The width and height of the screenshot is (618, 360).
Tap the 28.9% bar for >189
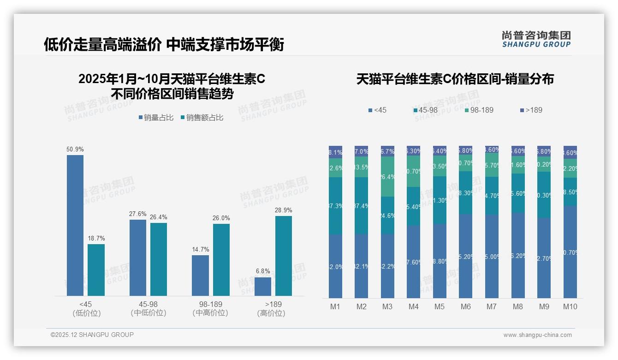[x=284, y=256]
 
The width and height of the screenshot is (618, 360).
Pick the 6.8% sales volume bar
[x=263, y=286]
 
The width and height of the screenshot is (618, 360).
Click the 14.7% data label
[x=201, y=250]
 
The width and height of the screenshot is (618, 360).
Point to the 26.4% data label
[x=159, y=217]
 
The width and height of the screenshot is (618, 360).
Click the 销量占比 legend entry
[x=156, y=118]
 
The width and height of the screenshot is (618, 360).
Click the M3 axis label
[x=387, y=306]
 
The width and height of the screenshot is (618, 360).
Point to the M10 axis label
[x=570, y=306]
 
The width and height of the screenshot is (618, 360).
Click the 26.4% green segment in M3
[x=387, y=177]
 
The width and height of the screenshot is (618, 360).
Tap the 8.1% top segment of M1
[x=335, y=152]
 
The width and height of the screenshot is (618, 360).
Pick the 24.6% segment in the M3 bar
[x=387, y=215]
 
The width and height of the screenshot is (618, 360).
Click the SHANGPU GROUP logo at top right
[x=536, y=39]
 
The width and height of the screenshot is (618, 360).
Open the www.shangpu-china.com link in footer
[x=537, y=335]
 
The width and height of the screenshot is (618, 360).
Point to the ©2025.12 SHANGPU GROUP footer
[x=92, y=335]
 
